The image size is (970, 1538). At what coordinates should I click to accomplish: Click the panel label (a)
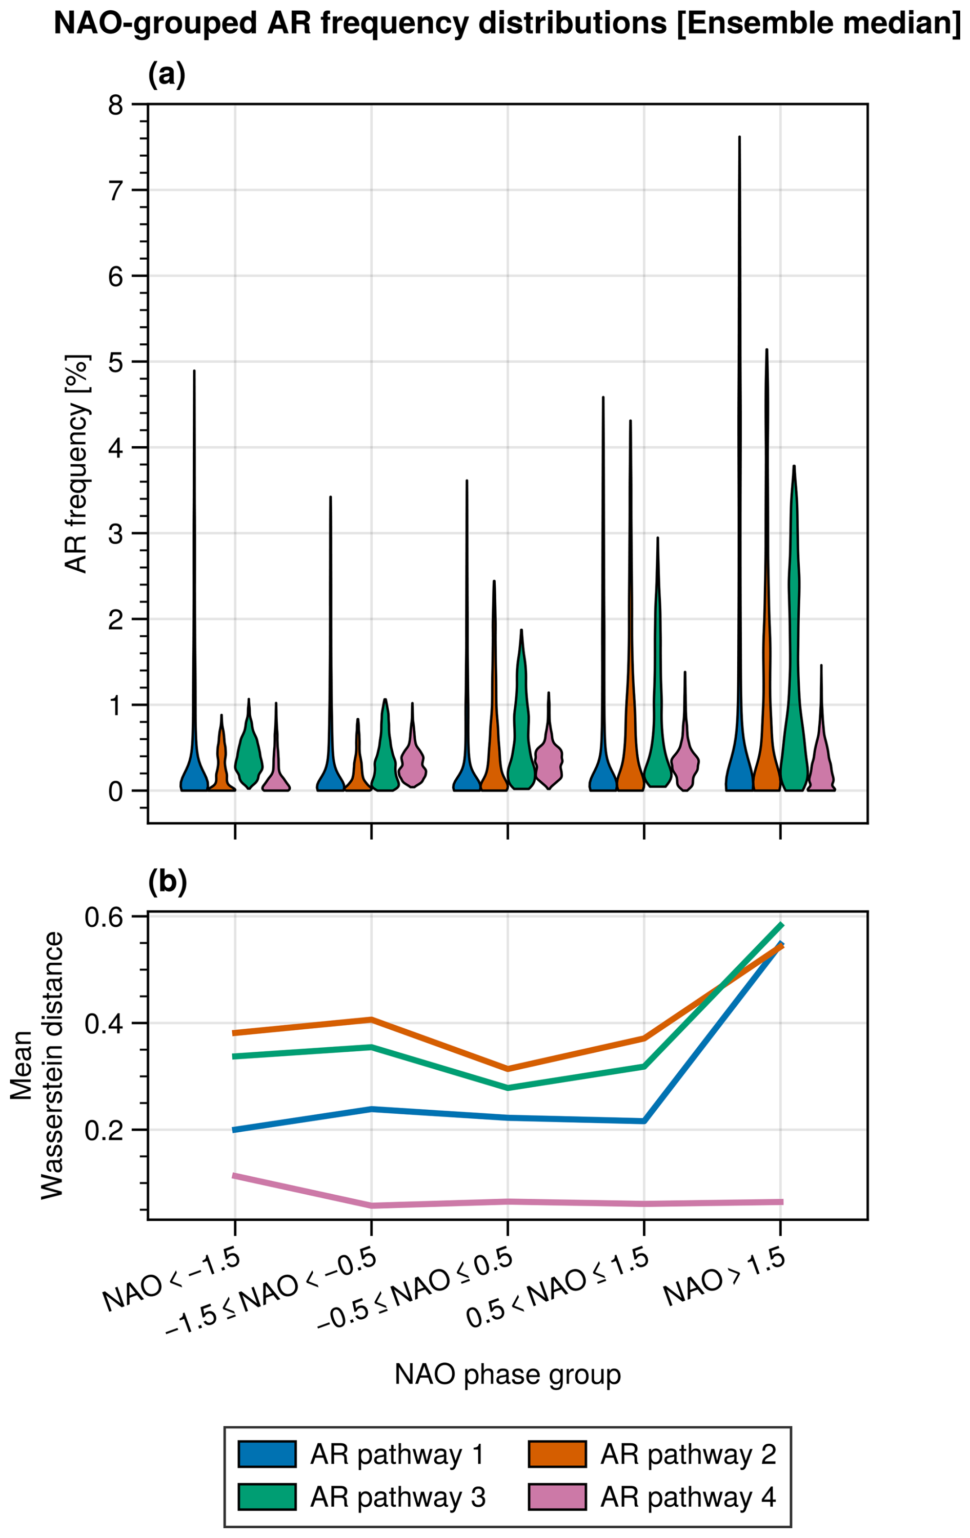point(166,75)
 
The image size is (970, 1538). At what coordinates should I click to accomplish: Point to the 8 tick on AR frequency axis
point(116,104)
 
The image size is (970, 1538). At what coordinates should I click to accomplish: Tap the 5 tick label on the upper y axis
point(116,362)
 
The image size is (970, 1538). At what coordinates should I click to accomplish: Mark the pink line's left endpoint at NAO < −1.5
point(235,1176)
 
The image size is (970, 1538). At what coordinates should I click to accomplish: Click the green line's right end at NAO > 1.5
point(781,925)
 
